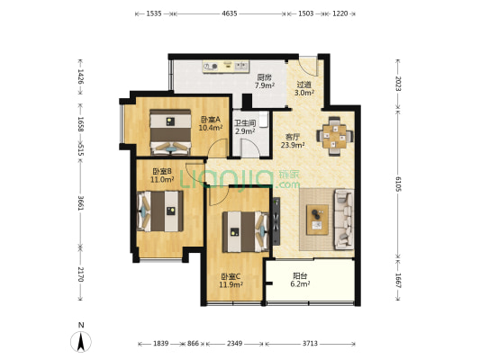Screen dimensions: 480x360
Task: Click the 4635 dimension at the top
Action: coord(230,13)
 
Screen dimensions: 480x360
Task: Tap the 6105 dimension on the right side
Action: coord(398,184)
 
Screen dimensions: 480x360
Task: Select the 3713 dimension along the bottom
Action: coord(310,344)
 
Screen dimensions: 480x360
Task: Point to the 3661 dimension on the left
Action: coord(80,202)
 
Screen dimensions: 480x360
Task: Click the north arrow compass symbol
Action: coord(81,342)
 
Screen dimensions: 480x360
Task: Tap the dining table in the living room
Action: coord(335,136)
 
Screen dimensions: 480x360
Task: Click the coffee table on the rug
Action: coord(318,220)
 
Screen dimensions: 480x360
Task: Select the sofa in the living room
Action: coord(344,219)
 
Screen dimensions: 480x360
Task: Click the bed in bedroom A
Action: coord(170,132)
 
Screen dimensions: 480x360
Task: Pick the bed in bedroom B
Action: coord(160,211)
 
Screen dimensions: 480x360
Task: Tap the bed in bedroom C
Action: coord(246,231)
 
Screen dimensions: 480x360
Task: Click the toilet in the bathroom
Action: coord(264,120)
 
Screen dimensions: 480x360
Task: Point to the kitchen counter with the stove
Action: coord(226,67)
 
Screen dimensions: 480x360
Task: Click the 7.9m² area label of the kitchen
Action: coord(265,85)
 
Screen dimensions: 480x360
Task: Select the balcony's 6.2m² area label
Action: coord(300,284)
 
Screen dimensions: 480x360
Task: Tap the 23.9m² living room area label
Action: coord(293,145)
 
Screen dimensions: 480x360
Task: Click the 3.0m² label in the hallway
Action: coord(304,93)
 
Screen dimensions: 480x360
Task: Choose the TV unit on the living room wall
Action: coord(276,221)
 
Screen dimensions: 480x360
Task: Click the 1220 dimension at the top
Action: coord(340,13)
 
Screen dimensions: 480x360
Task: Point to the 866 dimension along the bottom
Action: coord(193,344)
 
